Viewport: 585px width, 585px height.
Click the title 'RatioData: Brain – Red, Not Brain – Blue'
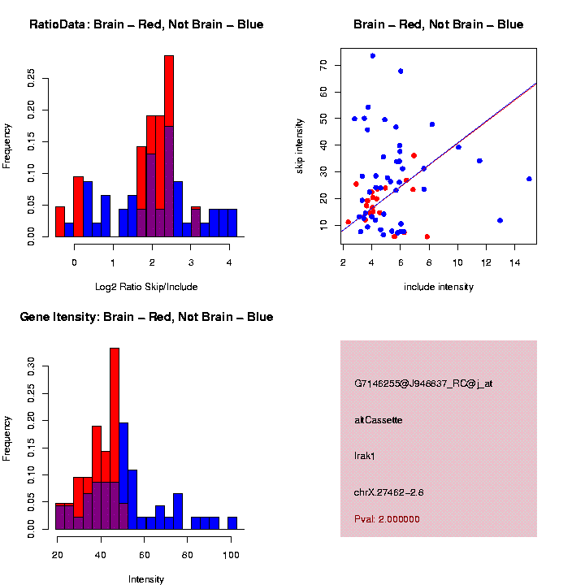(146, 24)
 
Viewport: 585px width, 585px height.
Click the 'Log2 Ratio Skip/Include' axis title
(146, 287)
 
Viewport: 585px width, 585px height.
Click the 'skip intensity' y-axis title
(300, 145)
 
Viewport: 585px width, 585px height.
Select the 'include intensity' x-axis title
(439, 287)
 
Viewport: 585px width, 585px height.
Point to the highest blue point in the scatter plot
(372, 56)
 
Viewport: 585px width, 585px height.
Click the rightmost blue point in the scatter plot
(529, 179)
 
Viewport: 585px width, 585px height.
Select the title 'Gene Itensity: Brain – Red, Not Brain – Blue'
(146, 317)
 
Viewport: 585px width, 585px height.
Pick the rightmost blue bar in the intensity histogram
(232, 523)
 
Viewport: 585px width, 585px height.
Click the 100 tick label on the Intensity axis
(231, 554)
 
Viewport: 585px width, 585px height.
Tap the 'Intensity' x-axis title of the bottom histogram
(146, 579)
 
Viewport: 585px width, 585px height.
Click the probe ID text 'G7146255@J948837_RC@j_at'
(423, 383)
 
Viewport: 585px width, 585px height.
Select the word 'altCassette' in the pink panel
(379, 420)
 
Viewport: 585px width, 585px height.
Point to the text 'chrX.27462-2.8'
(389, 492)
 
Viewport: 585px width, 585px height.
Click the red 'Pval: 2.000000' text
(388, 519)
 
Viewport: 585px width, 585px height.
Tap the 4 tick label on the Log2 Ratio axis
(229, 262)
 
